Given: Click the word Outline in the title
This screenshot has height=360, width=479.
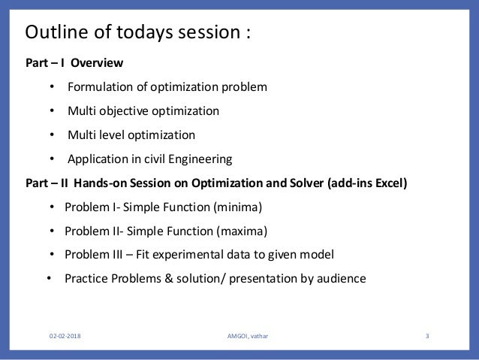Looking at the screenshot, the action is coord(57,32).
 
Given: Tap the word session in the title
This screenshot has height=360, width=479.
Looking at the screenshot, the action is coord(209,32).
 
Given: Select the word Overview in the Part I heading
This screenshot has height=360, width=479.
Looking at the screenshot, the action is coord(97,62).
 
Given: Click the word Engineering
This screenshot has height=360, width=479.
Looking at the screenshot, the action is coord(200,159).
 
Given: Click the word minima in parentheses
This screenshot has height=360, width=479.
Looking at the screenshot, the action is coord(237,207).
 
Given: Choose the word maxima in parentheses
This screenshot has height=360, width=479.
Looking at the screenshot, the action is coord(242,231).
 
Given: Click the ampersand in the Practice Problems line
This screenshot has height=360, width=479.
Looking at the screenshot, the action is coord(169,279).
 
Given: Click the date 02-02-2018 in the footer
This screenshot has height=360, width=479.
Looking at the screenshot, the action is coord(65,336).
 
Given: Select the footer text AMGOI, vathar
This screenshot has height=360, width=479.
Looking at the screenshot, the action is coord(248,336).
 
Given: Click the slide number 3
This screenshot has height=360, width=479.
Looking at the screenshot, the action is coord(427,336).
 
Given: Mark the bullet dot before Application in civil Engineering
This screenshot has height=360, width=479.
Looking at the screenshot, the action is coord(52,159).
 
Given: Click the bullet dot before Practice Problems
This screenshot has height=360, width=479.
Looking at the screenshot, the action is coord(49,278).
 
